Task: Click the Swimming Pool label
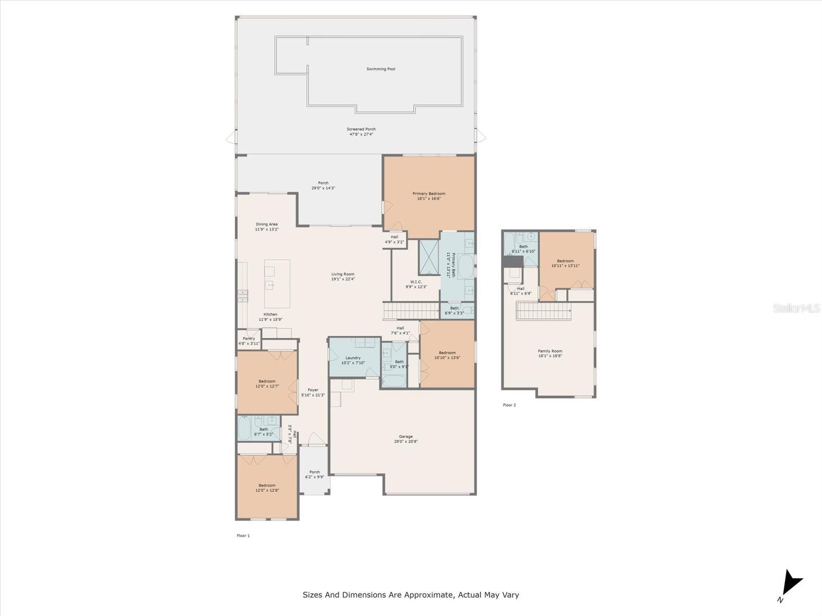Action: click(381, 69)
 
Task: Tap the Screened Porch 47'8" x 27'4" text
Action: click(361, 132)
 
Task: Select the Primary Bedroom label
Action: click(429, 196)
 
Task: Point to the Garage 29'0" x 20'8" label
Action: click(406, 439)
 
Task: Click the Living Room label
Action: click(343, 277)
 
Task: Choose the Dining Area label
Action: click(267, 227)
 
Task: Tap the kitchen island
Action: click(277, 283)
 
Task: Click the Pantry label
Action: click(249, 341)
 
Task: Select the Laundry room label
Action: click(353, 360)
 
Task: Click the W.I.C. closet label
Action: click(416, 284)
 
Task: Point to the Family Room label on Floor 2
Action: click(550, 353)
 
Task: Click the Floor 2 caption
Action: click(509, 405)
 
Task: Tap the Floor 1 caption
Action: click(243, 535)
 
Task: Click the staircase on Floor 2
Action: click(544, 311)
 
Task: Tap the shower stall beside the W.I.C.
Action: click(428, 257)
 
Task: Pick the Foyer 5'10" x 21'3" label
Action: click(313, 392)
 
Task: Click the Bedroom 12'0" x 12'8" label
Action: click(267, 488)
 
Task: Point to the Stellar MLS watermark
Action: click(796, 308)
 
